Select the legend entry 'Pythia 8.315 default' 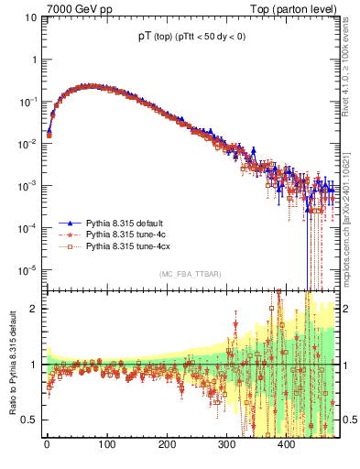(x=128, y=224)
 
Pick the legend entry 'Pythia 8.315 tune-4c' (x=128, y=235)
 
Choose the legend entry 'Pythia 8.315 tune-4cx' (x=131, y=247)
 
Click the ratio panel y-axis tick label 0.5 (x=29, y=420)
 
